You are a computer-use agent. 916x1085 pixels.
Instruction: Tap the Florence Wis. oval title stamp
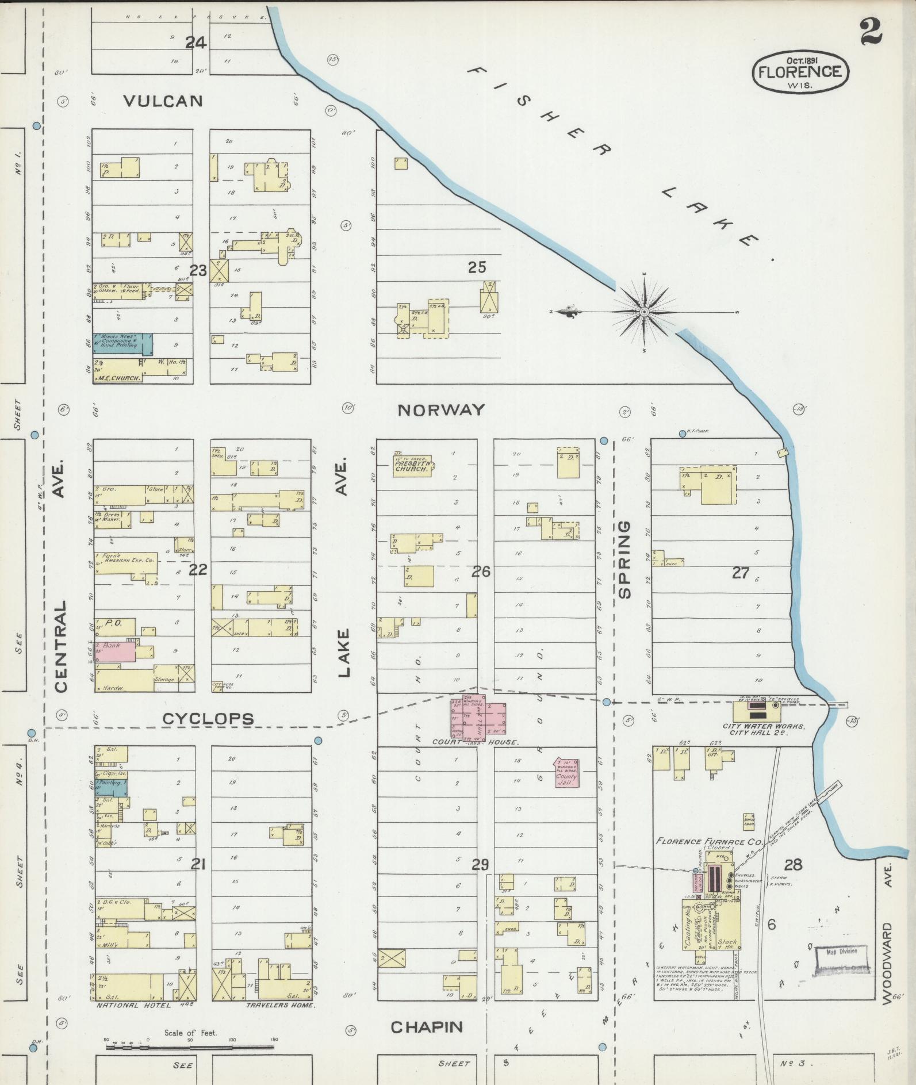[800, 71]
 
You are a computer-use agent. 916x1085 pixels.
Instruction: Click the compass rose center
[645, 312]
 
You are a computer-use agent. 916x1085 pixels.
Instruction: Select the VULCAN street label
[164, 101]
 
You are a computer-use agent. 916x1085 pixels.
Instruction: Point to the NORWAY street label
[441, 410]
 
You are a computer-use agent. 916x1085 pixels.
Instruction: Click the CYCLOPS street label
[208, 719]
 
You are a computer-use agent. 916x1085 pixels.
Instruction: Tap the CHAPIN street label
[427, 1027]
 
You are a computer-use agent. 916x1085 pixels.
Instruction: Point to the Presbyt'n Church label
[412, 465]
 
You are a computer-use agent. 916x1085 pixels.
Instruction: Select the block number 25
[477, 267]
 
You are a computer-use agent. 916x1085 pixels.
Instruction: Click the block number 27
[741, 572]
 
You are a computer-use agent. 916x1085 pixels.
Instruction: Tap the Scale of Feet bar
[190, 1048]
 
